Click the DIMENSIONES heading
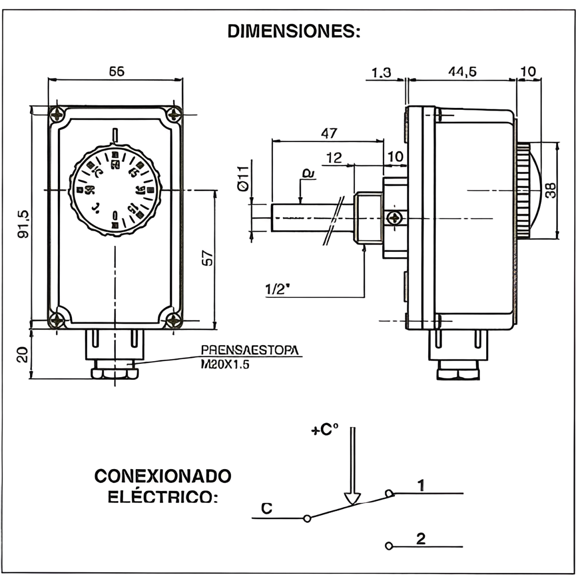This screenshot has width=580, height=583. [294, 31]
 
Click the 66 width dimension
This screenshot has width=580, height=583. [117, 71]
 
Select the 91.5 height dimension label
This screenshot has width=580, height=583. [23, 223]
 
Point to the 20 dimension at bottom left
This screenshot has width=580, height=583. [22, 354]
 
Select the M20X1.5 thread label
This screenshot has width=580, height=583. [226, 364]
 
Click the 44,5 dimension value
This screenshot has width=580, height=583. [462, 72]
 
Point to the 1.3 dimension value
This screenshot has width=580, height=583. [381, 72]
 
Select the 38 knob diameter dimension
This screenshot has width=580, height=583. [551, 190]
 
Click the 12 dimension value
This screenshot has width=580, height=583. [334, 158]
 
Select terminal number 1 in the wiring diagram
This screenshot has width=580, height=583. [421, 486]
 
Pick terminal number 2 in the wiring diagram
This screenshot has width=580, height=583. [421, 538]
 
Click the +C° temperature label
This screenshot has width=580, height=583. [324, 430]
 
